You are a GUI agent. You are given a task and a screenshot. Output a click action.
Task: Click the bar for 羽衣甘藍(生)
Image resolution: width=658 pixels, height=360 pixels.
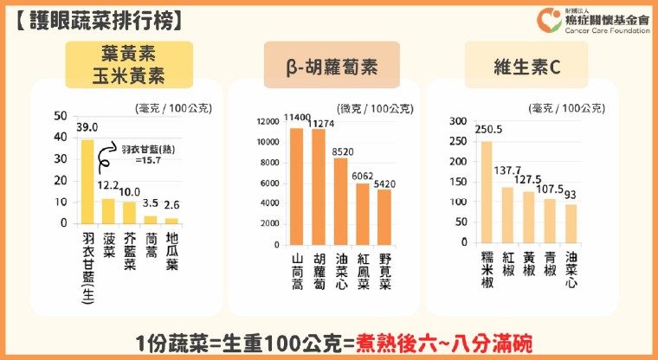87,182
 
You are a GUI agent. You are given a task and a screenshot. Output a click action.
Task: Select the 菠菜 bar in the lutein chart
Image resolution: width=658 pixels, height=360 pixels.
108,211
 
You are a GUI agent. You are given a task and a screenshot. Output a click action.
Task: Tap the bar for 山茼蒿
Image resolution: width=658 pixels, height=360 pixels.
297,187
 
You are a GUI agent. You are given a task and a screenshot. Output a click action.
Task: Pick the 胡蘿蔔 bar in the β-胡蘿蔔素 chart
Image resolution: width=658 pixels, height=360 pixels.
319,187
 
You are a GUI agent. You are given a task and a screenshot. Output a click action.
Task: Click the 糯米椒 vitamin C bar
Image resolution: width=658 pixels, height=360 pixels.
487,192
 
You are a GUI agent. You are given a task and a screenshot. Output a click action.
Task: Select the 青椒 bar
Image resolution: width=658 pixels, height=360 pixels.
550,222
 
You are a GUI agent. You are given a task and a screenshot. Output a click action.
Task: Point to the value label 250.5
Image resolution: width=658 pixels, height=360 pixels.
488,130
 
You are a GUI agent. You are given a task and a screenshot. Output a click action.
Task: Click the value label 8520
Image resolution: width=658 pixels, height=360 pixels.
343,152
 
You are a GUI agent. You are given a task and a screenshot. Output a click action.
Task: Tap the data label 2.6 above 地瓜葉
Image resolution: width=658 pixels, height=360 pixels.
171,205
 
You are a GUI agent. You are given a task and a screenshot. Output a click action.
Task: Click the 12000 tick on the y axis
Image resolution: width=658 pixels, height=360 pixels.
268,122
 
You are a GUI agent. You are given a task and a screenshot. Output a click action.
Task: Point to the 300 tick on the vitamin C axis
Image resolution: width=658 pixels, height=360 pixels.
458,121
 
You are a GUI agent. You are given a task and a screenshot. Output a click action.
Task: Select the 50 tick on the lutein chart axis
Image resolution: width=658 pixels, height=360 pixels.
61,116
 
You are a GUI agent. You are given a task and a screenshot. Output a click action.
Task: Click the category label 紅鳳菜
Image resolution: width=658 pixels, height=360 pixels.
364,271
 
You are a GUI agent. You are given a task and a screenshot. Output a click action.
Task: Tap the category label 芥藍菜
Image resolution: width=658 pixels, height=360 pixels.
130,252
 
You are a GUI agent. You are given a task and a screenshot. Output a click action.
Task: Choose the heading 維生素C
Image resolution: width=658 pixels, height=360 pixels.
527,67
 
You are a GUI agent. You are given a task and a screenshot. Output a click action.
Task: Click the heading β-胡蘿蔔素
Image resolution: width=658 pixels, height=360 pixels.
332,67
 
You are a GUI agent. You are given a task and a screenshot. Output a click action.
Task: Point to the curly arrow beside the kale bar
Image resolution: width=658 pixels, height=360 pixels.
106,157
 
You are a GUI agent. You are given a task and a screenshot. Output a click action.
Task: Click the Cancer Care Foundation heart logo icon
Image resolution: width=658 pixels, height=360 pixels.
549,20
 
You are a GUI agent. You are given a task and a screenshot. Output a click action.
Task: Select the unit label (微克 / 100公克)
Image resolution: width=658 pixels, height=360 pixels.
375,109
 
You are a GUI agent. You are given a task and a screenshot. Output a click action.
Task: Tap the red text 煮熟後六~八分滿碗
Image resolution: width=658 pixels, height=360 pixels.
444,344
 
